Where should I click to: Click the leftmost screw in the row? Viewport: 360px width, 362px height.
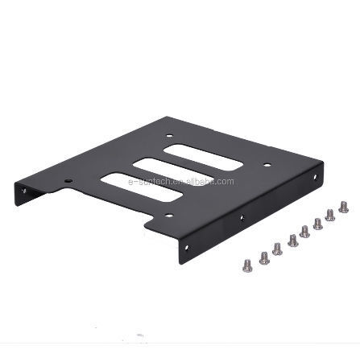click(247, 265)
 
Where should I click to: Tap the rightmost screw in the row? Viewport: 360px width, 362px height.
click(344, 206)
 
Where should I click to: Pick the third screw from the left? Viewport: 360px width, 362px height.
click(278, 249)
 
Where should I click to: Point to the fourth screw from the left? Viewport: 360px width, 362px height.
click(292, 240)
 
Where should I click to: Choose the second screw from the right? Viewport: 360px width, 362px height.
click(330, 214)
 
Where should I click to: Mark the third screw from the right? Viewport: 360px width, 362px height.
click(317, 223)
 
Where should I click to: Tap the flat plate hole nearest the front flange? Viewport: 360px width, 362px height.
click(168, 215)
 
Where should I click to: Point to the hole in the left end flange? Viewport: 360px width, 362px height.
click(23, 191)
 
